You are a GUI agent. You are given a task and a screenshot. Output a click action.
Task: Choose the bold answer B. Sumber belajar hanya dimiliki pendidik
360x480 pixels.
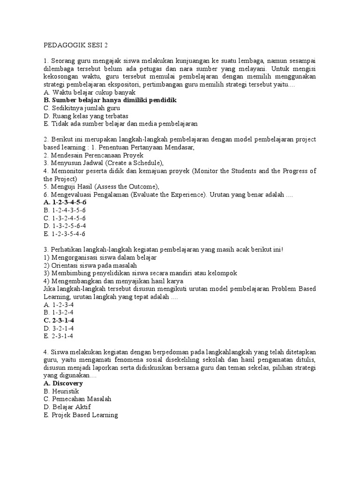pos(110,100)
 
